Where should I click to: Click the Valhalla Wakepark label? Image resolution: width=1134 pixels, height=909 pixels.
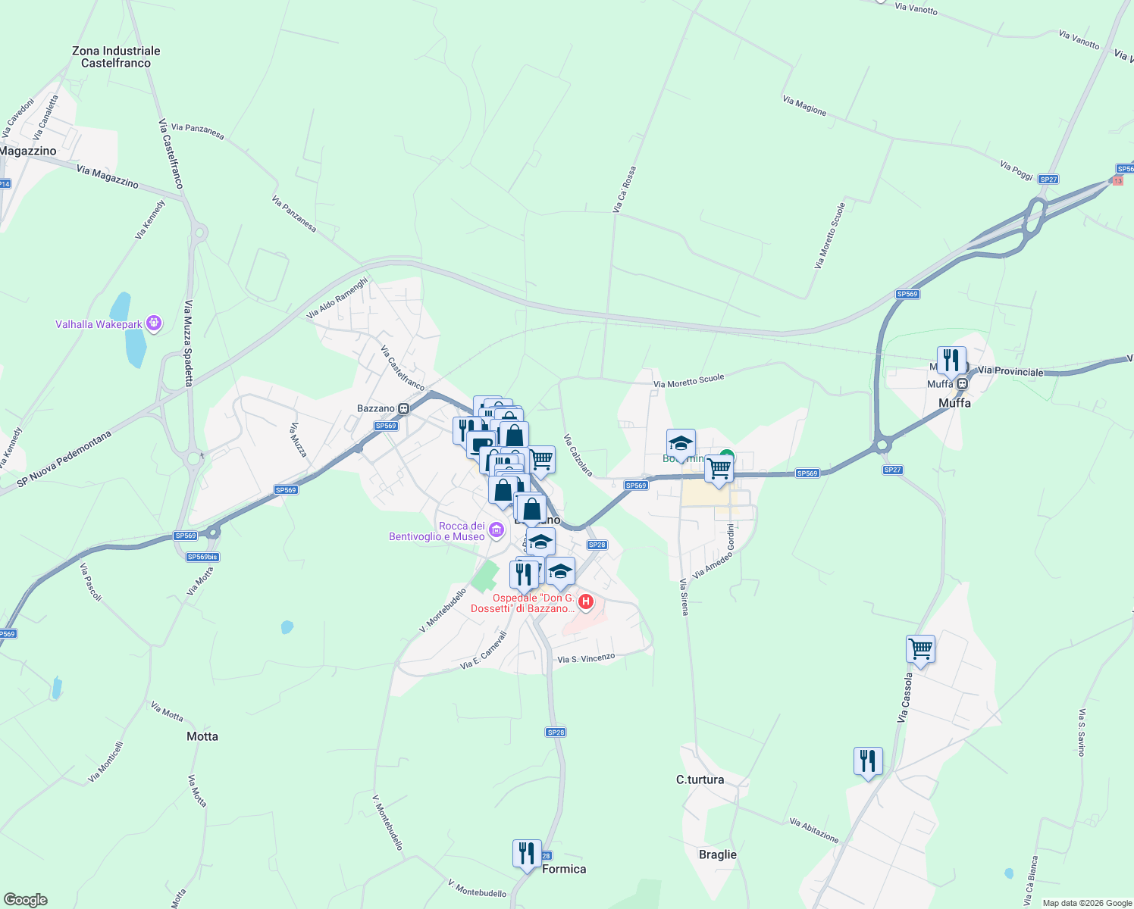pos(99,325)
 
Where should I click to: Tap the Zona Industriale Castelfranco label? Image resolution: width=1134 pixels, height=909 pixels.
pos(116,57)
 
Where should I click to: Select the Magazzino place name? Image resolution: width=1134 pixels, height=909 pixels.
pos(28,151)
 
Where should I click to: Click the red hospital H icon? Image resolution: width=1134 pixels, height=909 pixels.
pos(585,602)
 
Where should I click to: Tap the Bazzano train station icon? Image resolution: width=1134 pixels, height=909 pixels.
pos(404,409)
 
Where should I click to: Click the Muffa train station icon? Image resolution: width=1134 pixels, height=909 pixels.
pos(962,384)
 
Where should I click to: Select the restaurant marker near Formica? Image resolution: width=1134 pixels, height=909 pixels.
pos(526,854)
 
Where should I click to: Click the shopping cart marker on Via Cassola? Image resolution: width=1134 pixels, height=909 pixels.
pos(920,649)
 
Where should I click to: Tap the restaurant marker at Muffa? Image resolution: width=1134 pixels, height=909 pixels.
pos(951,361)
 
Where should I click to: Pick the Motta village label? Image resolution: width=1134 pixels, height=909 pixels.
pos(202,736)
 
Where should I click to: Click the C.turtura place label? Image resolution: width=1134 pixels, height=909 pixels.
pos(700,779)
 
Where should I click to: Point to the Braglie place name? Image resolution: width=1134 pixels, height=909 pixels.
pos(717,854)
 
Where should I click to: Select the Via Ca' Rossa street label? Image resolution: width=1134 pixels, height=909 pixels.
pos(625,189)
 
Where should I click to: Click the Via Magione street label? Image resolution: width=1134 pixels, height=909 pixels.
pos(804,105)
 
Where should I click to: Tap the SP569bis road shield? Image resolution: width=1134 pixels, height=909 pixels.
pos(202,557)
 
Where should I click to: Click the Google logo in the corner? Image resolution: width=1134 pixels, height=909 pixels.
pos(25,900)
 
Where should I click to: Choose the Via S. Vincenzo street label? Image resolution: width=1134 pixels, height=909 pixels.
pos(586,658)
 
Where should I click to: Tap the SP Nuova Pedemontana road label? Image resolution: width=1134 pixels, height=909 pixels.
pos(64,459)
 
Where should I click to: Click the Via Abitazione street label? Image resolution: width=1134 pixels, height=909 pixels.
pos(814,830)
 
